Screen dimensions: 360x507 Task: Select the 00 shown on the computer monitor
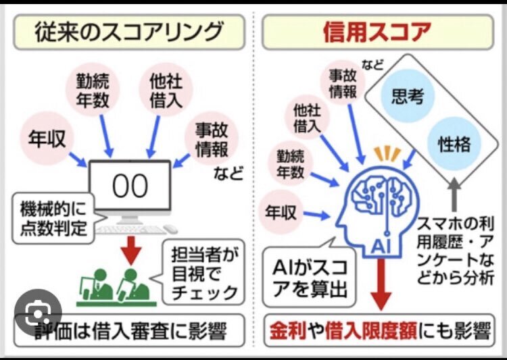(x=130, y=187)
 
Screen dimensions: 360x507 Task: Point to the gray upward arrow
(x=456, y=190)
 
